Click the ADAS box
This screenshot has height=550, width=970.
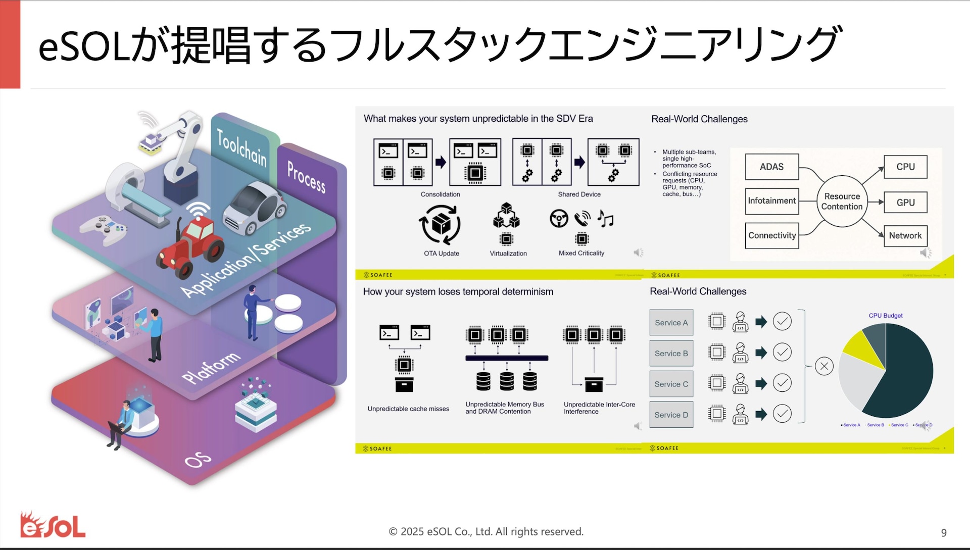tap(771, 167)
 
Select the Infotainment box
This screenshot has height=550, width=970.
tap(771, 201)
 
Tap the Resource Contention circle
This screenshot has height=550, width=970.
tap(842, 202)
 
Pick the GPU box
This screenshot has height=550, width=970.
tap(905, 203)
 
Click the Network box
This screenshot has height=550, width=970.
tap(905, 236)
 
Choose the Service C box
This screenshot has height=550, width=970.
tap(671, 384)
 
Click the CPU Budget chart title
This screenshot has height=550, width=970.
tap(886, 316)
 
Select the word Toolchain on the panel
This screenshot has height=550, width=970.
tap(242, 147)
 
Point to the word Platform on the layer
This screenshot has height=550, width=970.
tap(211, 367)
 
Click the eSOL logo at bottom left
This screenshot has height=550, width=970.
tap(53, 525)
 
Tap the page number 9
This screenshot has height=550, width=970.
tap(944, 533)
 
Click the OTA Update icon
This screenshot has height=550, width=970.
tap(440, 225)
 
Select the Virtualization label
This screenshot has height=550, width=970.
tap(508, 254)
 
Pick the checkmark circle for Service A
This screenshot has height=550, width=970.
tap(782, 322)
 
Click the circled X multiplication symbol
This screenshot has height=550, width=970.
tap(824, 366)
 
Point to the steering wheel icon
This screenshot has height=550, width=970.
tap(559, 219)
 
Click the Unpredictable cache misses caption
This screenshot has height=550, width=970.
tap(408, 409)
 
